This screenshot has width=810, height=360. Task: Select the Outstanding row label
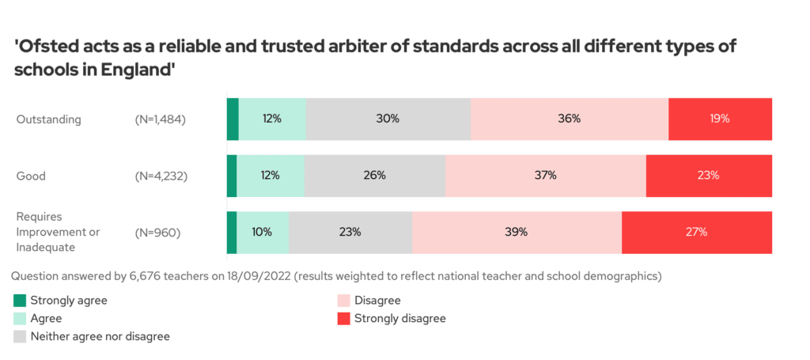pyautogui.click(x=49, y=119)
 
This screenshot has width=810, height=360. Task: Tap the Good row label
pyautogui.click(x=31, y=176)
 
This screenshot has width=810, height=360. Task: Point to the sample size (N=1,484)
pyautogui.click(x=161, y=119)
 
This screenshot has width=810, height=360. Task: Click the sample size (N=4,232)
pyautogui.click(x=161, y=176)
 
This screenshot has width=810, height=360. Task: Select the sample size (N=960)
pyautogui.click(x=158, y=233)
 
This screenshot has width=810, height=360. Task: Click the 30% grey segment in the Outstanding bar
pyautogui.click(x=388, y=119)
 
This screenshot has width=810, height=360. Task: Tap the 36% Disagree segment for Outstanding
pyautogui.click(x=570, y=119)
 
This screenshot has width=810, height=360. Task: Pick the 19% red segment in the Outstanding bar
pyautogui.click(x=720, y=119)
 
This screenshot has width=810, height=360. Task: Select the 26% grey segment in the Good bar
pyautogui.click(x=375, y=176)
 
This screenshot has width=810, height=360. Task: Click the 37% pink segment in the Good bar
pyautogui.click(x=546, y=176)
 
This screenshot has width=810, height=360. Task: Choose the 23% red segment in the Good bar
pyautogui.click(x=709, y=176)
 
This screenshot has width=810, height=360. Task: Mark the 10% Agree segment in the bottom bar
pyautogui.click(x=263, y=232)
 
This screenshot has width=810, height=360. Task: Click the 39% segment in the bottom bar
pyautogui.click(x=517, y=232)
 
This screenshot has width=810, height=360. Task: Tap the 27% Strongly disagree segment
pyautogui.click(x=697, y=232)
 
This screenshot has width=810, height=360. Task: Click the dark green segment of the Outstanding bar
pyautogui.click(x=233, y=119)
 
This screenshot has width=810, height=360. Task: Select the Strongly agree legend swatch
pyautogui.click(x=20, y=301)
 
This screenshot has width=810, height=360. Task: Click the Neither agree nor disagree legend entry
pyautogui.click(x=100, y=336)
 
